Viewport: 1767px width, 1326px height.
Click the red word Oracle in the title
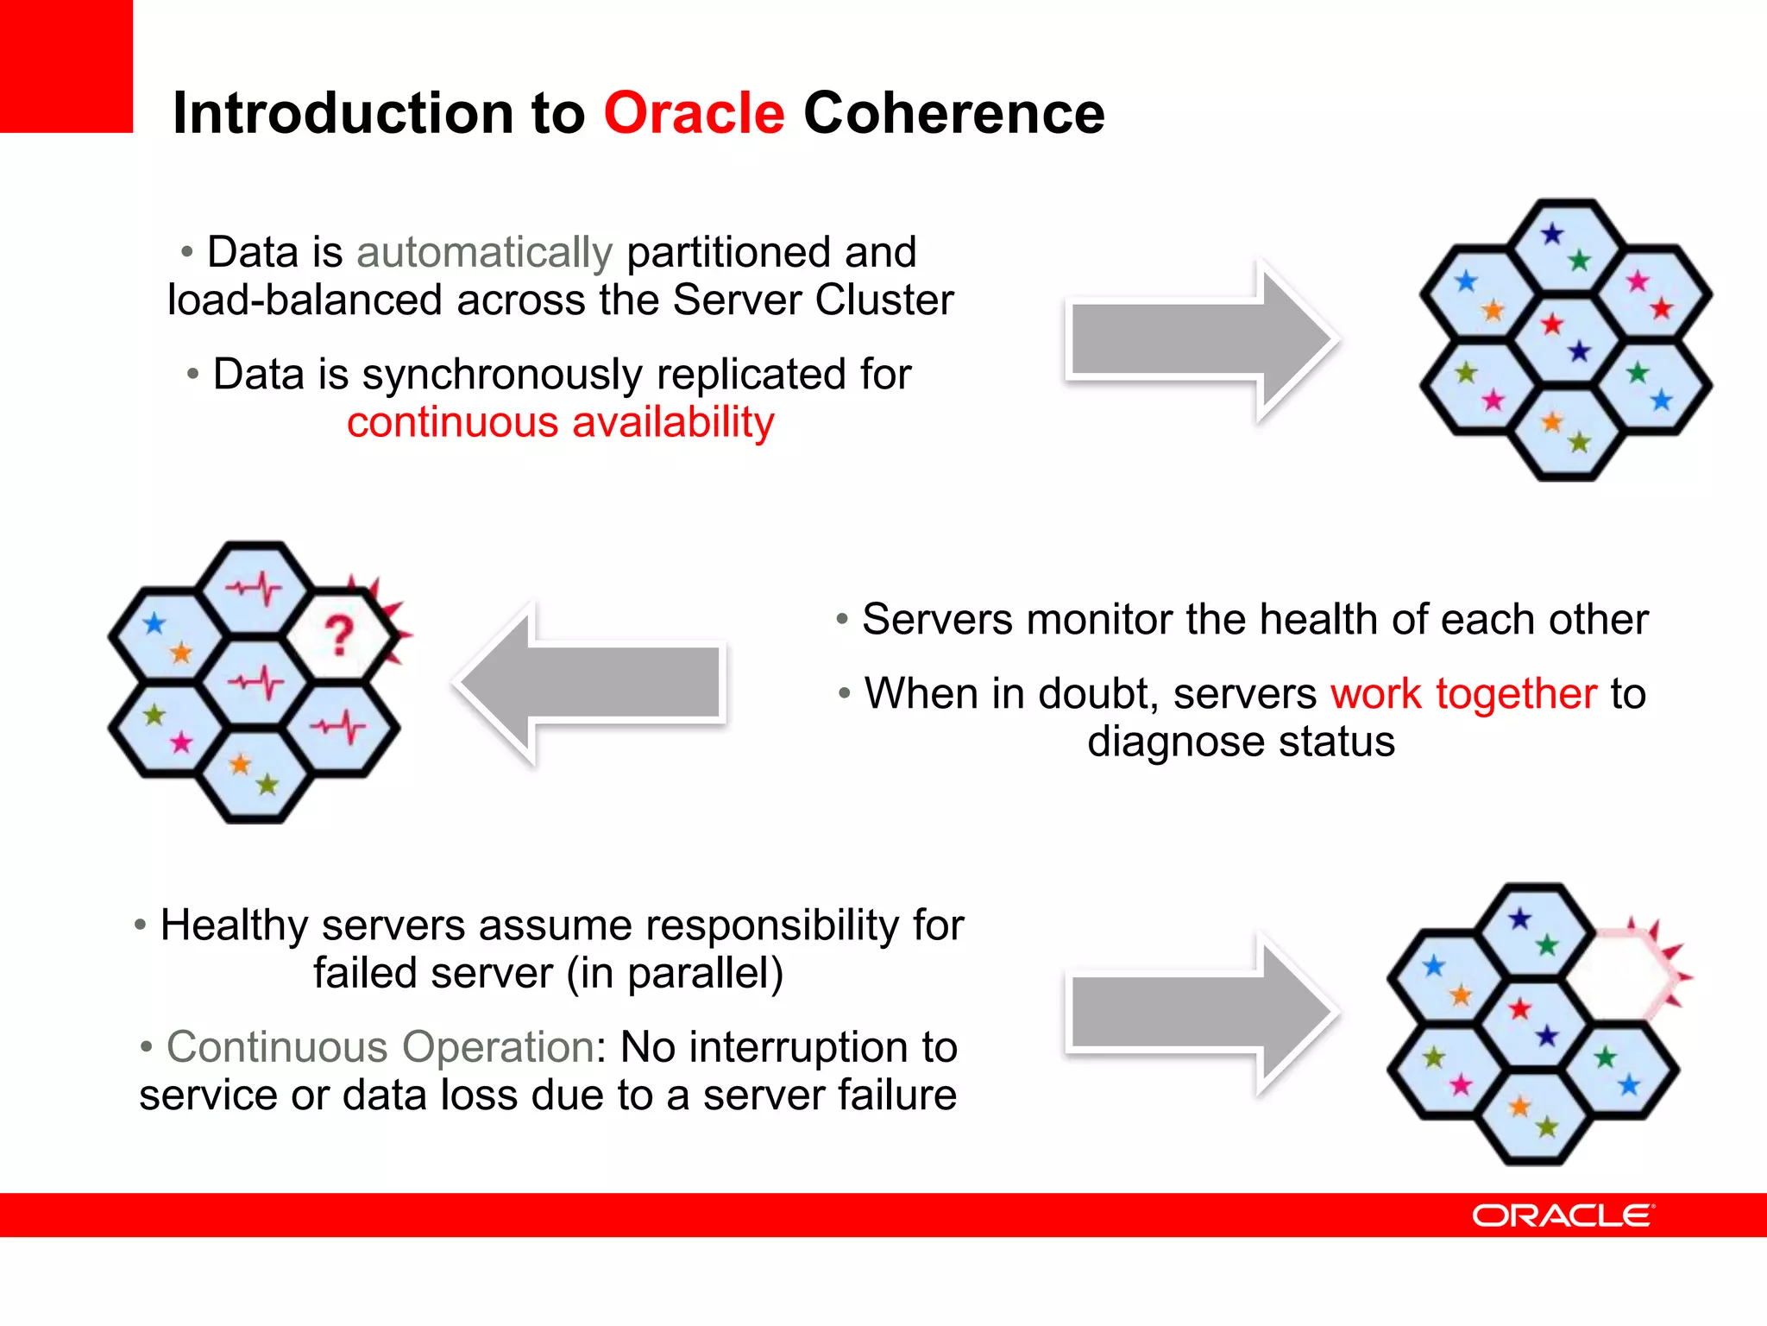(x=694, y=113)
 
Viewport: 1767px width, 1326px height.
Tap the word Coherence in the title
(x=953, y=113)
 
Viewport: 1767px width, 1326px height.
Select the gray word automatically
(x=484, y=253)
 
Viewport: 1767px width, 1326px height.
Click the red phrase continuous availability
(x=560, y=423)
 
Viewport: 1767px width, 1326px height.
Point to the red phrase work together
(x=1463, y=694)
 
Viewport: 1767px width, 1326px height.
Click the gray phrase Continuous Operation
(x=380, y=1047)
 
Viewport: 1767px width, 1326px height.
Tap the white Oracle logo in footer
(x=1563, y=1215)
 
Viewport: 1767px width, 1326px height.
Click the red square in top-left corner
(x=66, y=66)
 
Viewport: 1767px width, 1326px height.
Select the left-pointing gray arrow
(x=591, y=683)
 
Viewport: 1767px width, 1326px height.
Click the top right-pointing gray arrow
(x=1201, y=340)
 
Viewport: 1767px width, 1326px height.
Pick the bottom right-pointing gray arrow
(x=1201, y=1013)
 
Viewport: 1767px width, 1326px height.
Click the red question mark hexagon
(x=340, y=636)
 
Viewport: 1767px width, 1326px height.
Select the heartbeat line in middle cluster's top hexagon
(x=254, y=590)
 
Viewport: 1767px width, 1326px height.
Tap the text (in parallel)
(x=675, y=974)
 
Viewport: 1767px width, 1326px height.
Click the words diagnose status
(x=1241, y=742)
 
